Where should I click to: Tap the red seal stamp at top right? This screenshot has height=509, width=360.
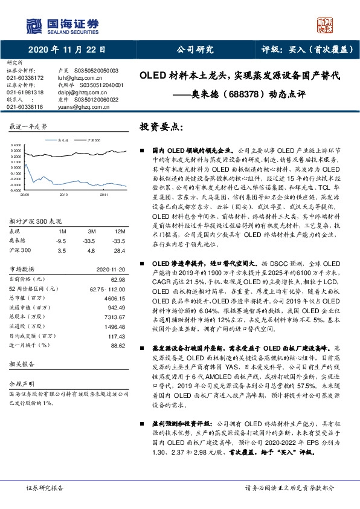tap(327, 25)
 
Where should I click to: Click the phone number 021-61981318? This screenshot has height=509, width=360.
tap(25, 92)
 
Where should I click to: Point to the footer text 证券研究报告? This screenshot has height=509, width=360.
tap(45, 487)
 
